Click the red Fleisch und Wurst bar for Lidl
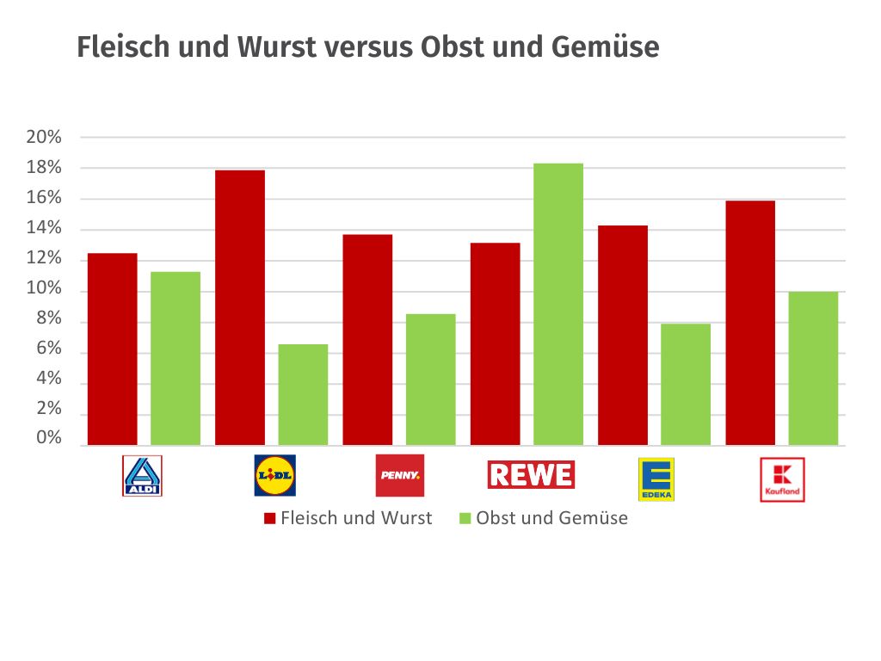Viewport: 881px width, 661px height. [239, 307]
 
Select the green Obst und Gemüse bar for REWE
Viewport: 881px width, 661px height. [558, 304]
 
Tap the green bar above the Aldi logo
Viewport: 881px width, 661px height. [176, 358]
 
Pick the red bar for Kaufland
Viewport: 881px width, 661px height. [749, 323]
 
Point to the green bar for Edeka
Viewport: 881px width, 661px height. [686, 384]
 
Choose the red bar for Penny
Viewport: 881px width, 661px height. [367, 339]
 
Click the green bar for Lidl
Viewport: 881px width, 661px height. [303, 394]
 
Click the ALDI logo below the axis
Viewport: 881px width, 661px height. [143, 475]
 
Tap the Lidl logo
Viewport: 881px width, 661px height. [274, 475]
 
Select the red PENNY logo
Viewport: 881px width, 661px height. [400, 475]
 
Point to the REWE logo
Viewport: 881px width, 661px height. [531, 474]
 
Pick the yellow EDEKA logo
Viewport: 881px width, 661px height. [656, 479]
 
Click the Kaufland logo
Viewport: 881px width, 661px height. [782, 479]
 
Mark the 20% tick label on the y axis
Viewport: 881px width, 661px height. [44, 137]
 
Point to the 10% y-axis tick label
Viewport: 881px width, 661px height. [44, 290]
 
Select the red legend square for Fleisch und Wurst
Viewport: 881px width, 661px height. [268, 519]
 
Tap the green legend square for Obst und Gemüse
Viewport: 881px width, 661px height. [465, 519]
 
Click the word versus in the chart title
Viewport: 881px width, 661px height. [367, 47]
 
